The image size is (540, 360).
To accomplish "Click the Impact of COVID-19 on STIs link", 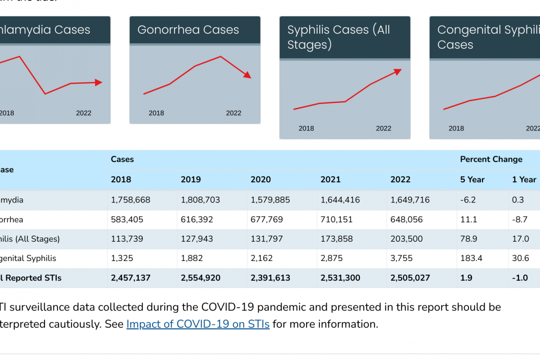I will click(x=198, y=324).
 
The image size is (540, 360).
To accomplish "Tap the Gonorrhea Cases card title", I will click(x=188, y=30).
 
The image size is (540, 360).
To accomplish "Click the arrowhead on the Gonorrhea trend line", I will click(x=247, y=75).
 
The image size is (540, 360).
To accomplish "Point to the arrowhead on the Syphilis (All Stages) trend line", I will click(x=397, y=71).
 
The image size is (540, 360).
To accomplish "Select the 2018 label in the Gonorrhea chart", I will click(x=156, y=113).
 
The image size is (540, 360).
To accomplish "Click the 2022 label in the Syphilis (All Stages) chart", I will click(x=383, y=128).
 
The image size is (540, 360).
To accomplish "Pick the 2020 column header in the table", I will click(x=261, y=180).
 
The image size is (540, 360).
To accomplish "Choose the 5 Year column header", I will click(x=472, y=180).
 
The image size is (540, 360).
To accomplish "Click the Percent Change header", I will click(x=491, y=159).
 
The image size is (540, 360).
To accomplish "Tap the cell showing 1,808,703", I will click(x=200, y=200).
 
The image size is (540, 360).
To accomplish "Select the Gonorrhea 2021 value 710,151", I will click(x=337, y=220).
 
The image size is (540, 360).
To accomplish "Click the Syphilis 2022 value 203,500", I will click(x=407, y=239).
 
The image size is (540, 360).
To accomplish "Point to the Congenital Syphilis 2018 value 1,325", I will click(x=122, y=258).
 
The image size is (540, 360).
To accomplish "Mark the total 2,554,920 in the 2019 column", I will click(x=201, y=278).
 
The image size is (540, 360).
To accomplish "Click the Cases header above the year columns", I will click(x=122, y=159).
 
